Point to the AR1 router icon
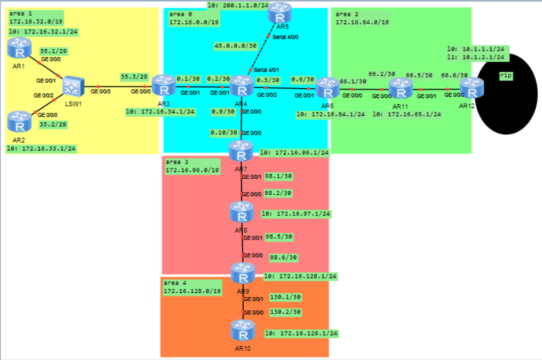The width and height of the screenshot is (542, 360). pos(19,48)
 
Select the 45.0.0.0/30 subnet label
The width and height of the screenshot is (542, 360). pos(236,46)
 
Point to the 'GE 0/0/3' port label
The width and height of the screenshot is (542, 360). pos(101,91)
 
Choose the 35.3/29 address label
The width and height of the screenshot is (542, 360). pos(134,77)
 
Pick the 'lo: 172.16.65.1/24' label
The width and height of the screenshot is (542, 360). pos(407,115)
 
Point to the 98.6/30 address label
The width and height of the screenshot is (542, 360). pos(283,257)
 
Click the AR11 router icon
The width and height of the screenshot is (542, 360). pos(400,88)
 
